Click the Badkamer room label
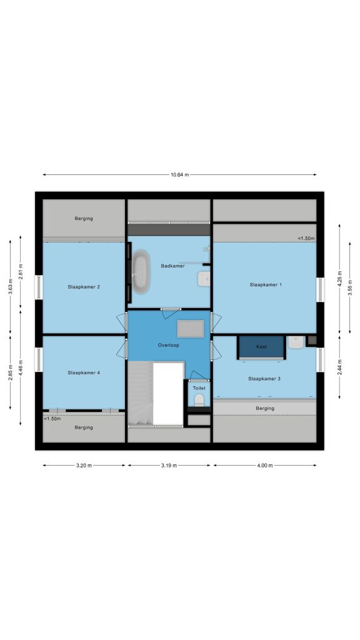[172, 266]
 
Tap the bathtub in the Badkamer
[141, 272]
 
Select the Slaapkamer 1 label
[266, 285]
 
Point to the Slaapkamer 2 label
[84, 287]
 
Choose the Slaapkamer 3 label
[264, 379]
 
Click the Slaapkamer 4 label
[84, 372]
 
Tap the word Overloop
[169, 345]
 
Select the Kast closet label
[262, 346]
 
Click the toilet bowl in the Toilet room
[199, 400]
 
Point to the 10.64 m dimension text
[179, 175]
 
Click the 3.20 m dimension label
[84, 465]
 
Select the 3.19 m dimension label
[169, 465]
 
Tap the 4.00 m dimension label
[265, 465]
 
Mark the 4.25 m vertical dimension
[339, 279]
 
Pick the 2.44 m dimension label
[339, 367]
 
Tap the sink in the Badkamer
[204, 279]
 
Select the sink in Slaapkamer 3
[296, 342]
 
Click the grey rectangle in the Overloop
[191, 329]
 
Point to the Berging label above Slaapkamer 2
[84, 218]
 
